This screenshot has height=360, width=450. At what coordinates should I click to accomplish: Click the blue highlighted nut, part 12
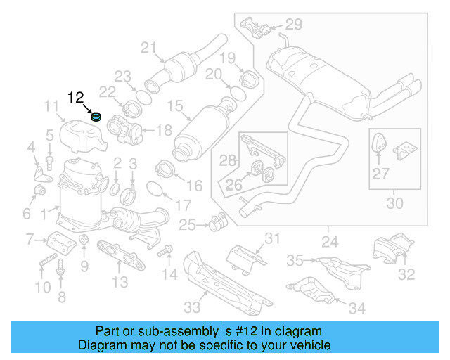96,117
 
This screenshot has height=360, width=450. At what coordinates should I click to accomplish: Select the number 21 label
147,48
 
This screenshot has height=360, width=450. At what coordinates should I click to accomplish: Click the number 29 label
292,25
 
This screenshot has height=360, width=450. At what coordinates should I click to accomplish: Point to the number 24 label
329,242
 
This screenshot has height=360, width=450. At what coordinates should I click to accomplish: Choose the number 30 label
395,203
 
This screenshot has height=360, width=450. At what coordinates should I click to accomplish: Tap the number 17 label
183,206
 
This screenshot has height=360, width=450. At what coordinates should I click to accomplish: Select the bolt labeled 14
167,250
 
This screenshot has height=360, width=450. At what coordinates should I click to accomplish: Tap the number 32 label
406,274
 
